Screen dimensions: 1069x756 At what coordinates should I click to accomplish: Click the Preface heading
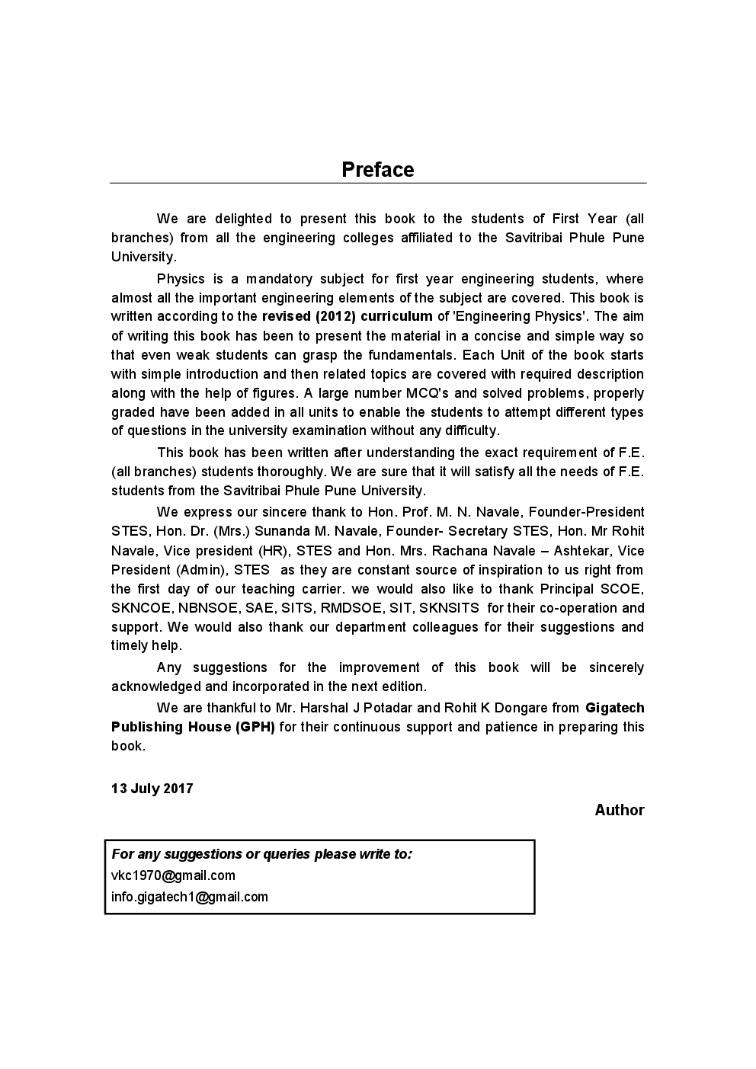point(377,169)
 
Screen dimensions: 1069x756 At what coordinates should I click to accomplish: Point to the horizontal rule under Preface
point(377,184)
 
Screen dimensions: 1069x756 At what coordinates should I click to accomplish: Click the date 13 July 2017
point(152,789)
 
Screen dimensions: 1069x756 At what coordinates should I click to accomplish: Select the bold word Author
point(619,810)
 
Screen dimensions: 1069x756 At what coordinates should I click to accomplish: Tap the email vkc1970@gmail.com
point(173,875)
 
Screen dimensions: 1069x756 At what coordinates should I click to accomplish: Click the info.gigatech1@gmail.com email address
point(190,897)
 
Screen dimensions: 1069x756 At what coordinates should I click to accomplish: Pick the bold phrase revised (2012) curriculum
point(347,316)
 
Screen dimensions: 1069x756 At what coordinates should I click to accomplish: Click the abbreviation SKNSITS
point(449,608)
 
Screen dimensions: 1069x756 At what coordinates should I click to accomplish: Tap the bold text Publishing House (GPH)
point(193,727)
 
